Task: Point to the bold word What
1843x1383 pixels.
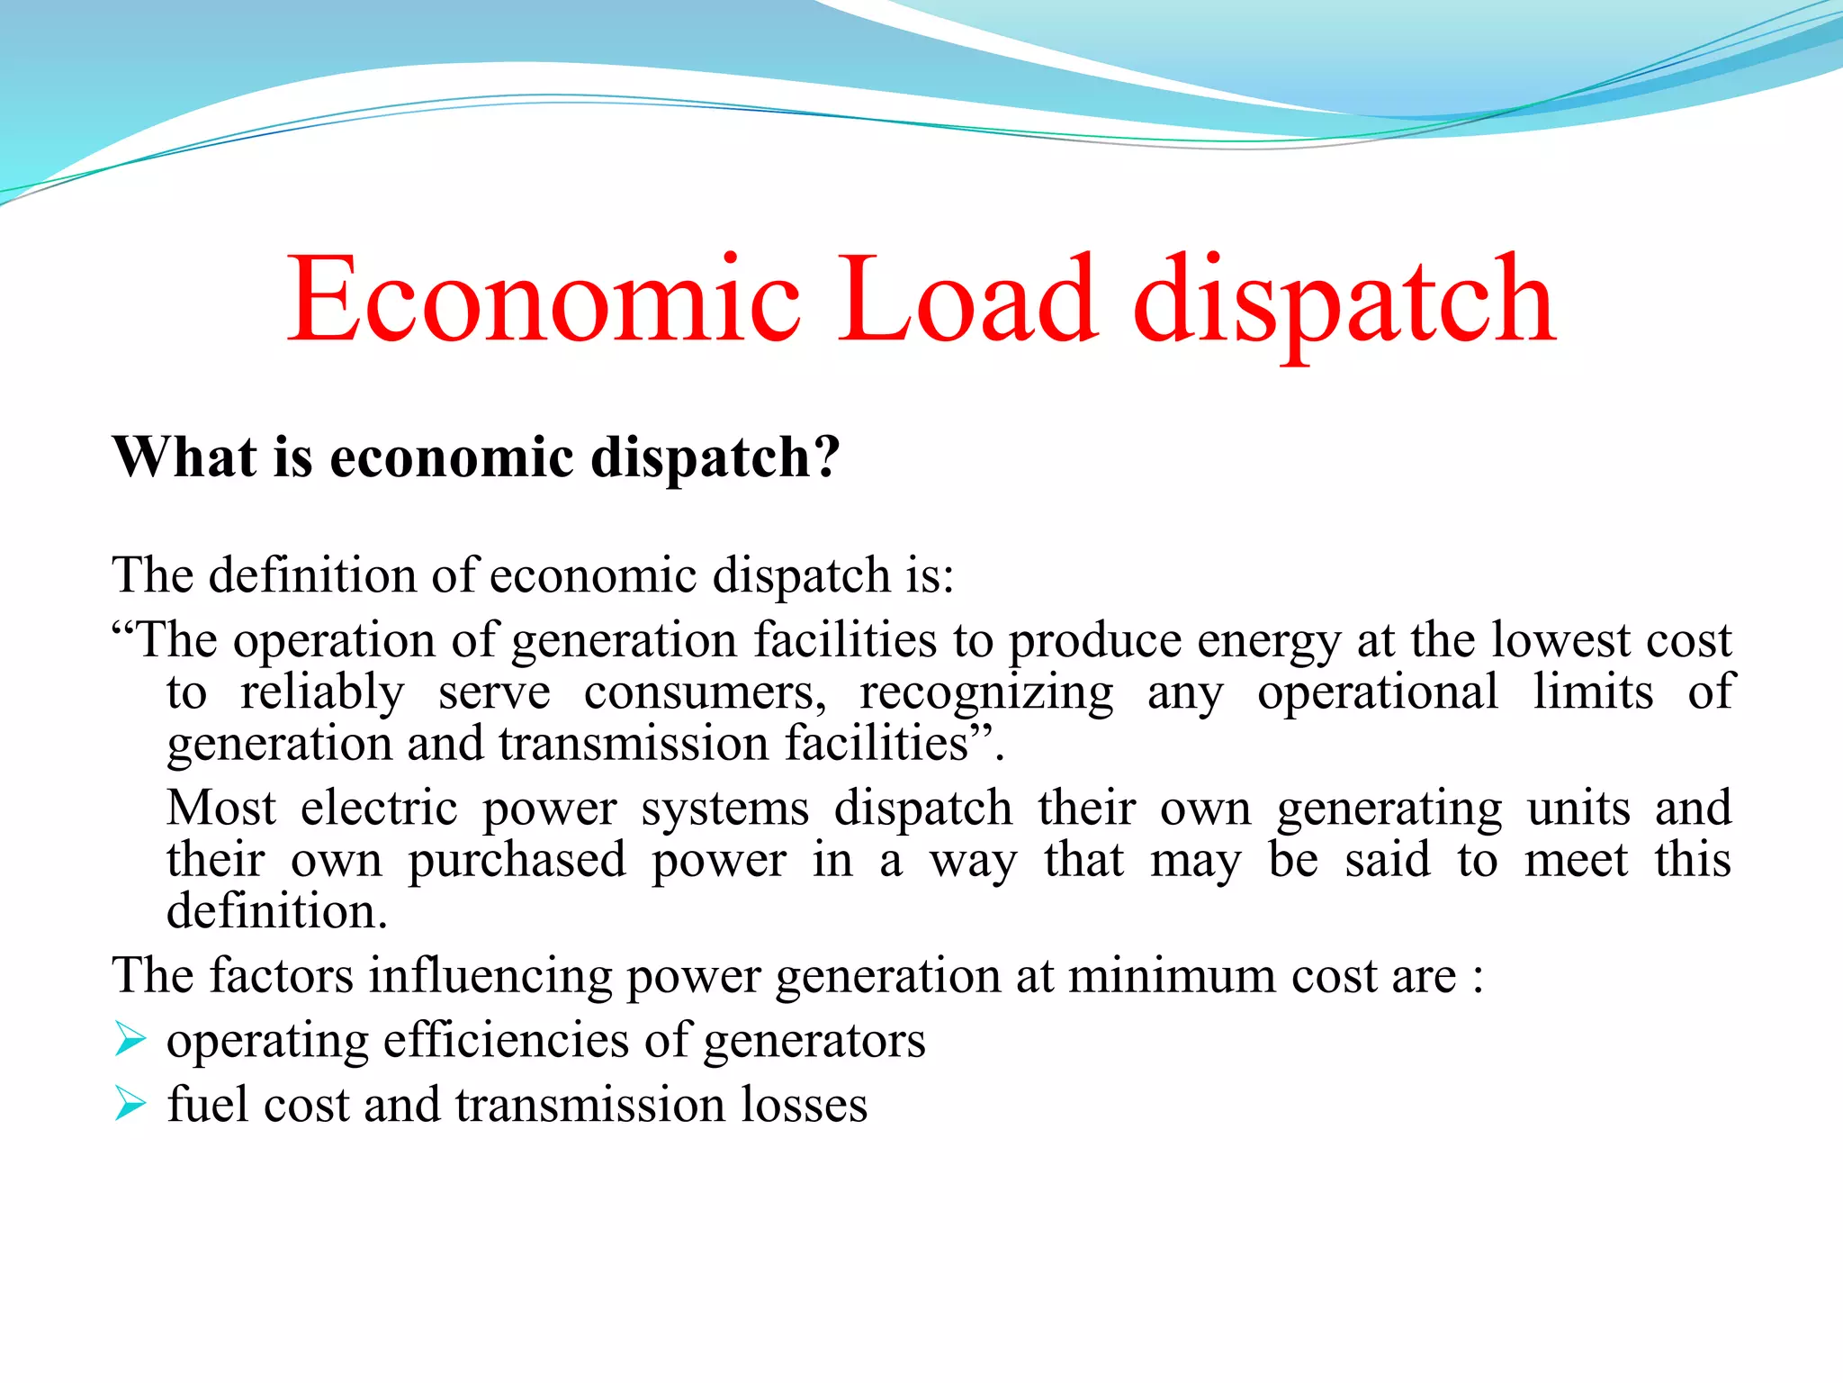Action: click(184, 456)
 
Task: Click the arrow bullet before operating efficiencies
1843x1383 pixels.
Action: click(130, 1040)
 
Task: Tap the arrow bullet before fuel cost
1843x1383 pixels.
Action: click(130, 1104)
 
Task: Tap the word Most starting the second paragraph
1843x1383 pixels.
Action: click(220, 808)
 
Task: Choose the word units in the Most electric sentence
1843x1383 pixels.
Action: click(1578, 808)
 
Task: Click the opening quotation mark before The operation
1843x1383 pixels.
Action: click(123, 628)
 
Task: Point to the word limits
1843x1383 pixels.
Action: click(1593, 692)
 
